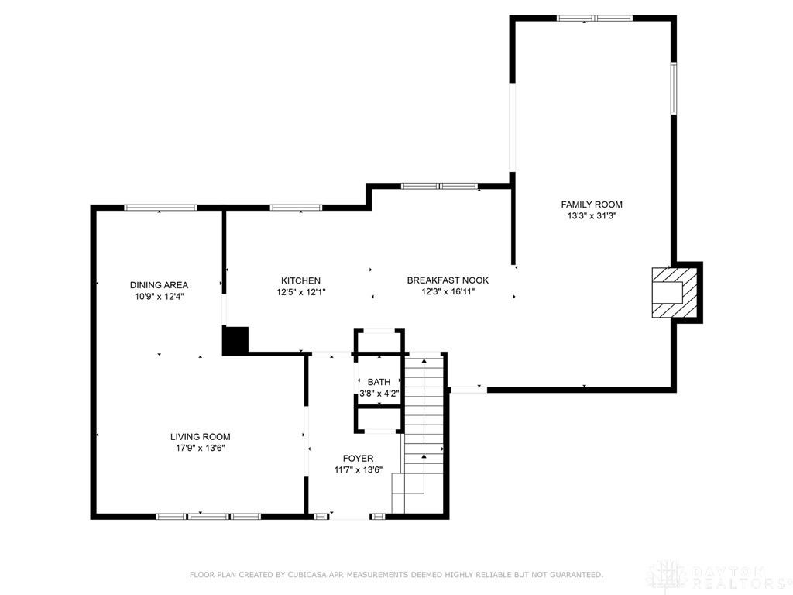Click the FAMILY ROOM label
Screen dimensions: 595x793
click(592, 205)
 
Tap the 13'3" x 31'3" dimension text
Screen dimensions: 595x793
click(592, 217)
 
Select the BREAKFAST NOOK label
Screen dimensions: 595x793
click(448, 280)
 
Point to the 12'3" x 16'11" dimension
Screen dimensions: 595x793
click(448, 292)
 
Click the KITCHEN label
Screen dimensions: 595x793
click(300, 280)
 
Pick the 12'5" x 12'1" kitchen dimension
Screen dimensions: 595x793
click(300, 292)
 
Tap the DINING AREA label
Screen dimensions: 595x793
click(159, 285)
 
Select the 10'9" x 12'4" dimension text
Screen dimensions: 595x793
click(159, 296)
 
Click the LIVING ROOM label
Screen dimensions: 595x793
click(201, 437)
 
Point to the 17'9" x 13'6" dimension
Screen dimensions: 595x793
click(201, 448)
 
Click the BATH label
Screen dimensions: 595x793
click(379, 382)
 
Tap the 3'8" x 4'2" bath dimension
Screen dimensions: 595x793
click(379, 394)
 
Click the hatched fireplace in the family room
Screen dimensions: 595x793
click(668, 292)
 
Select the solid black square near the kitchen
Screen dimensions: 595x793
click(235, 341)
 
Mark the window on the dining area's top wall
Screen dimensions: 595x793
click(160, 208)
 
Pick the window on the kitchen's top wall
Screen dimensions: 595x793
click(295, 208)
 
